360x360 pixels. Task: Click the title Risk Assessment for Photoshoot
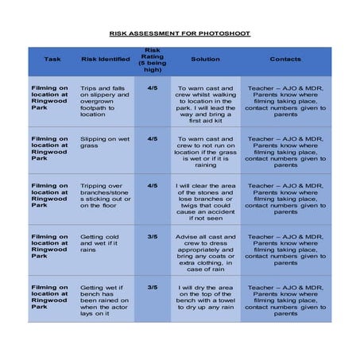pos(180,34)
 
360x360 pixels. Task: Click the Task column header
pos(52,60)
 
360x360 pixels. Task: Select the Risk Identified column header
pos(106,60)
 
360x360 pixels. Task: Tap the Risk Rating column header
pos(153,60)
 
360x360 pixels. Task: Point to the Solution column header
pos(206,60)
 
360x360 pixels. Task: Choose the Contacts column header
pos(285,60)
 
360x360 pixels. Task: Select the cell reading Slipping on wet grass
pos(101,142)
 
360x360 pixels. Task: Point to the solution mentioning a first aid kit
pos(206,104)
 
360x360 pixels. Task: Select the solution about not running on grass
pos(206,151)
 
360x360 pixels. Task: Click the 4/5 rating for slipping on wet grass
pos(153,138)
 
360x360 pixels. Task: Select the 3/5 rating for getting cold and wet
pos(153,236)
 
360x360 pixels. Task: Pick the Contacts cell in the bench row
pos(285,300)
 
